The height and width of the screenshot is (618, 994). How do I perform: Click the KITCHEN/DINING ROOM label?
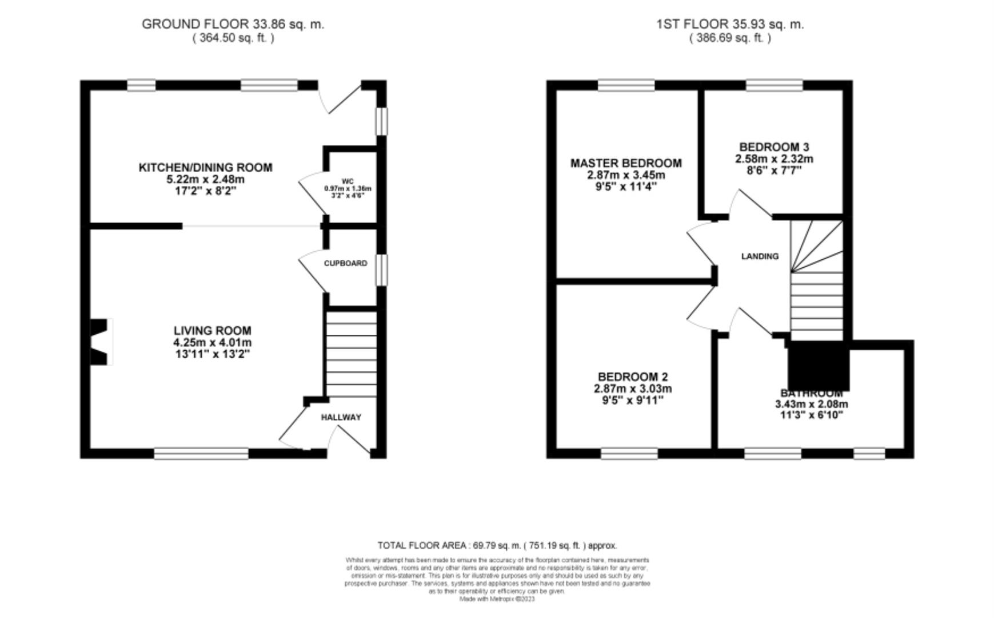coord(205,167)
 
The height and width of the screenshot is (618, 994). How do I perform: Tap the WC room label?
coord(348,181)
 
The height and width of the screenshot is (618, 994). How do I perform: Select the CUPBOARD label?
coord(345,263)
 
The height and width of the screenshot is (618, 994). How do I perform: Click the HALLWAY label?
coord(341,417)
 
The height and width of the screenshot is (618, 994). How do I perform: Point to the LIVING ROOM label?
coord(212,330)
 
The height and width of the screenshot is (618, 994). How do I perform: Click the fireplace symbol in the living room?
coord(100,342)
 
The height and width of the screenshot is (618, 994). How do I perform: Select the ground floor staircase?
coord(350,354)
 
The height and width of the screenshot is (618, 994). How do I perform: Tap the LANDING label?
coord(760,256)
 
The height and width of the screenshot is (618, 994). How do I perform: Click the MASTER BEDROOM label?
coord(626,163)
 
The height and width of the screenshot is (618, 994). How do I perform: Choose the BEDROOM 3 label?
coord(774,147)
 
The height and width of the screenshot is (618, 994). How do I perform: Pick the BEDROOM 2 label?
coord(633,377)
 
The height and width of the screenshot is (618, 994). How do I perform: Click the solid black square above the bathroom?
coord(818,366)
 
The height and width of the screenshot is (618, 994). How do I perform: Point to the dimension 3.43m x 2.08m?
coord(811,404)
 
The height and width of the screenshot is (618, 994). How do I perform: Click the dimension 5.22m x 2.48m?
coord(205,179)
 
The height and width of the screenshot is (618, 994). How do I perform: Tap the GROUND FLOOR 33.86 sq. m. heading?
coord(233,24)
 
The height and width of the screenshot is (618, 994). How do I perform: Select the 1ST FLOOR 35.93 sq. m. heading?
coord(730,24)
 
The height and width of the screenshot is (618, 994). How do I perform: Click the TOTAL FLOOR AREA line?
coord(497,545)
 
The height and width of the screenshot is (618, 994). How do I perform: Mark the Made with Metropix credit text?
coord(497,599)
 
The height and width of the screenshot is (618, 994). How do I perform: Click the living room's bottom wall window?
coord(201,453)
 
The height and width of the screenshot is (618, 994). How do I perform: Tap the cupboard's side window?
coord(381,270)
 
